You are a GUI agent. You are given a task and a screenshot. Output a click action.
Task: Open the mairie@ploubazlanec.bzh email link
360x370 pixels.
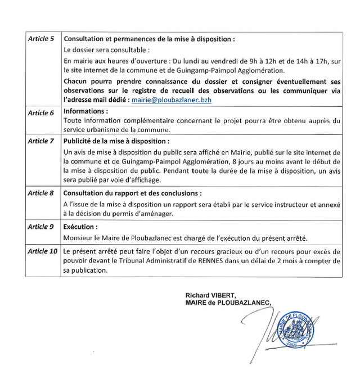171,99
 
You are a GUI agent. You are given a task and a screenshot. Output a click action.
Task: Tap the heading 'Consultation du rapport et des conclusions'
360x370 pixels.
132,193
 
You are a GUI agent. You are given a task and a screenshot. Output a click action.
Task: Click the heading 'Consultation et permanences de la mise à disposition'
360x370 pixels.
148,39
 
